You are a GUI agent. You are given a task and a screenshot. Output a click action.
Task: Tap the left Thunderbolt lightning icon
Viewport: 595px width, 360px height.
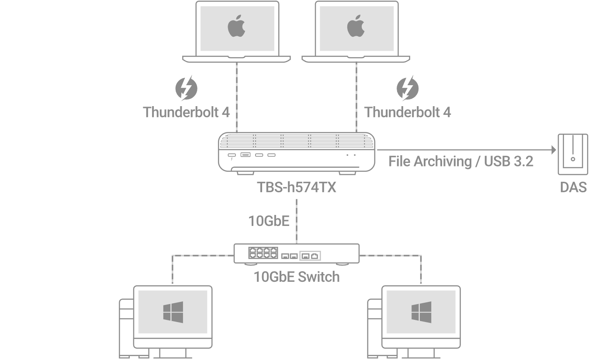click(186, 88)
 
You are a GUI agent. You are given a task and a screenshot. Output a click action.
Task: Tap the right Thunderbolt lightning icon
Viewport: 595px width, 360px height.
click(407, 88)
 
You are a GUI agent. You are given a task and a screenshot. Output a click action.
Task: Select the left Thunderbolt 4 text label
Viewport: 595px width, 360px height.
click(186, 112)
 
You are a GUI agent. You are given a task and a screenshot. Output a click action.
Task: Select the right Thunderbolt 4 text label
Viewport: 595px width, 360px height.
click(407, 112)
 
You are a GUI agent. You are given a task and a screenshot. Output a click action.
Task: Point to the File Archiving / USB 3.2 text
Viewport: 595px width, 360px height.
click(460, 161)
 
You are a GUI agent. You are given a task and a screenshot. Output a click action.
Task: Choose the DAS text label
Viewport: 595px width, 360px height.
click(573, 187)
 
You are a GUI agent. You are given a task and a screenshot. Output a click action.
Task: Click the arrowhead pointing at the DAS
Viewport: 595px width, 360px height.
click(553, 150)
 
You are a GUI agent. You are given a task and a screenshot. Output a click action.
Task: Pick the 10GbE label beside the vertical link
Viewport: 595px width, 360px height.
click(269, 221)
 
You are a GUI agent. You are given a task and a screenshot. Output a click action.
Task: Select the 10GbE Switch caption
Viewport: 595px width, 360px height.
click(297, 277)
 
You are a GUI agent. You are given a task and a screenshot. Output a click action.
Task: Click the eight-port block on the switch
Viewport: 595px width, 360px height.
click(263, 253)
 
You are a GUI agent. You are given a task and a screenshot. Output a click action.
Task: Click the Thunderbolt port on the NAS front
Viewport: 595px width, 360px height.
click(232, 156)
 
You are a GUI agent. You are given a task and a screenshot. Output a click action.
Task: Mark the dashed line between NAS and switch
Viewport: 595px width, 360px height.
click(297, 221)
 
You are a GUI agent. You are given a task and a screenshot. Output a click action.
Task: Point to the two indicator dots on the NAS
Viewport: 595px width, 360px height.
click(351, 155)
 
